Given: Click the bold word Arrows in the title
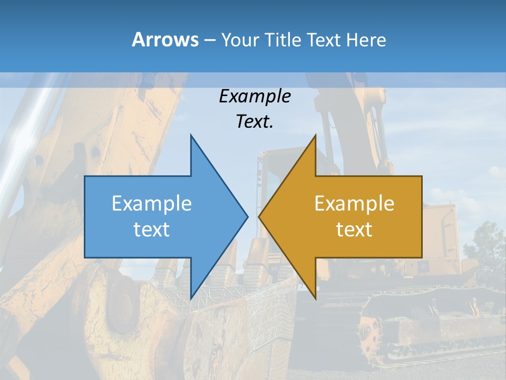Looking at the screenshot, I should click(166, 40).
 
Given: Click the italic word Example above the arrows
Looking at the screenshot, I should click(255, 96).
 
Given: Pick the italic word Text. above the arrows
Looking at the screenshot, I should click(255, 121).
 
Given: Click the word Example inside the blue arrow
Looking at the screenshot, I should click(152, 203).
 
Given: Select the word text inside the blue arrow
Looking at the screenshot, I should click(152, 229).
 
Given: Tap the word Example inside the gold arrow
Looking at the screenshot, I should click(354, 203).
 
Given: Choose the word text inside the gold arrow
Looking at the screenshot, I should click(354, 229).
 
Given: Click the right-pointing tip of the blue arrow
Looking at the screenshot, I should click(247, 216).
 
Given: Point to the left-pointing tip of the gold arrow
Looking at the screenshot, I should click(259, 216).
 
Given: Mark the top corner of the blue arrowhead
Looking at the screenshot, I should click(191, 135).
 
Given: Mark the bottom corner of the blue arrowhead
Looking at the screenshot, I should click(191, 298).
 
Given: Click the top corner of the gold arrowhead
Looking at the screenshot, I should click(315, 135).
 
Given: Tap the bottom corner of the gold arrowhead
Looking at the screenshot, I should click(315, 298).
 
